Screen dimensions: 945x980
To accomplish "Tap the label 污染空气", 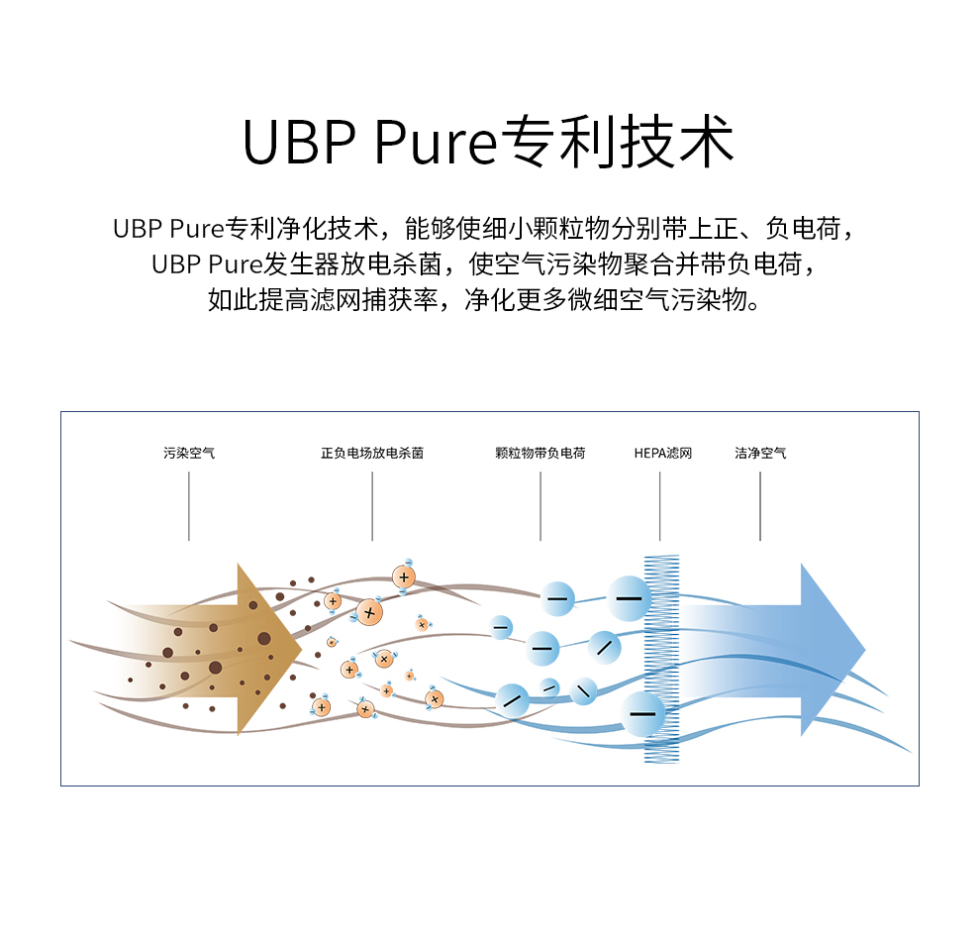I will pyautogui.click(x=189, y=454).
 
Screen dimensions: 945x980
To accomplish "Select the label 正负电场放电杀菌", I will pyautogui.click(x=372, y=454).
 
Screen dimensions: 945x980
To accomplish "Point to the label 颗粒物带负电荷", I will pyautogui.click(x=540, y=454).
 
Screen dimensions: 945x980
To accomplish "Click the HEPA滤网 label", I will pyautogui.click(x=663, y=454).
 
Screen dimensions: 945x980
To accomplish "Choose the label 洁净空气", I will pyautogui.click(x=760, y=454).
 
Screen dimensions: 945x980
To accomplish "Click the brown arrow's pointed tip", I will pyautogui.click(x=299, y=649).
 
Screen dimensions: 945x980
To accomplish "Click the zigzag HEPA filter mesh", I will pyautogui.click(x=662, y=659).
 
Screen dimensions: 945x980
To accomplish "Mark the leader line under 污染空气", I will pyautogui.click(x=189, y=506).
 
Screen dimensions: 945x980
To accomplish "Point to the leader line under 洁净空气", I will pyautogui.click(x=760, y=506).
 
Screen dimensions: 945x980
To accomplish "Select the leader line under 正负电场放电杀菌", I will pyautogui.click(x=372, y=506).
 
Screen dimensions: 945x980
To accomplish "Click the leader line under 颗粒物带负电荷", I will pyautogui.click(x=540, y=506).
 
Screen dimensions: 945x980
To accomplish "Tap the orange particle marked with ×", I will pyautogui.click(x=369, y=612).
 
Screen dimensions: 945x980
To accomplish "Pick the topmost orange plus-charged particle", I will pyautogui.click(x=403, y=576).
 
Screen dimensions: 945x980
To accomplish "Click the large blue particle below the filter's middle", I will pyautogui.click(x=643, y=713).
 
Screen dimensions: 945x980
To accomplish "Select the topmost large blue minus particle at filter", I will pyautogui.click(x=629, y=598).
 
